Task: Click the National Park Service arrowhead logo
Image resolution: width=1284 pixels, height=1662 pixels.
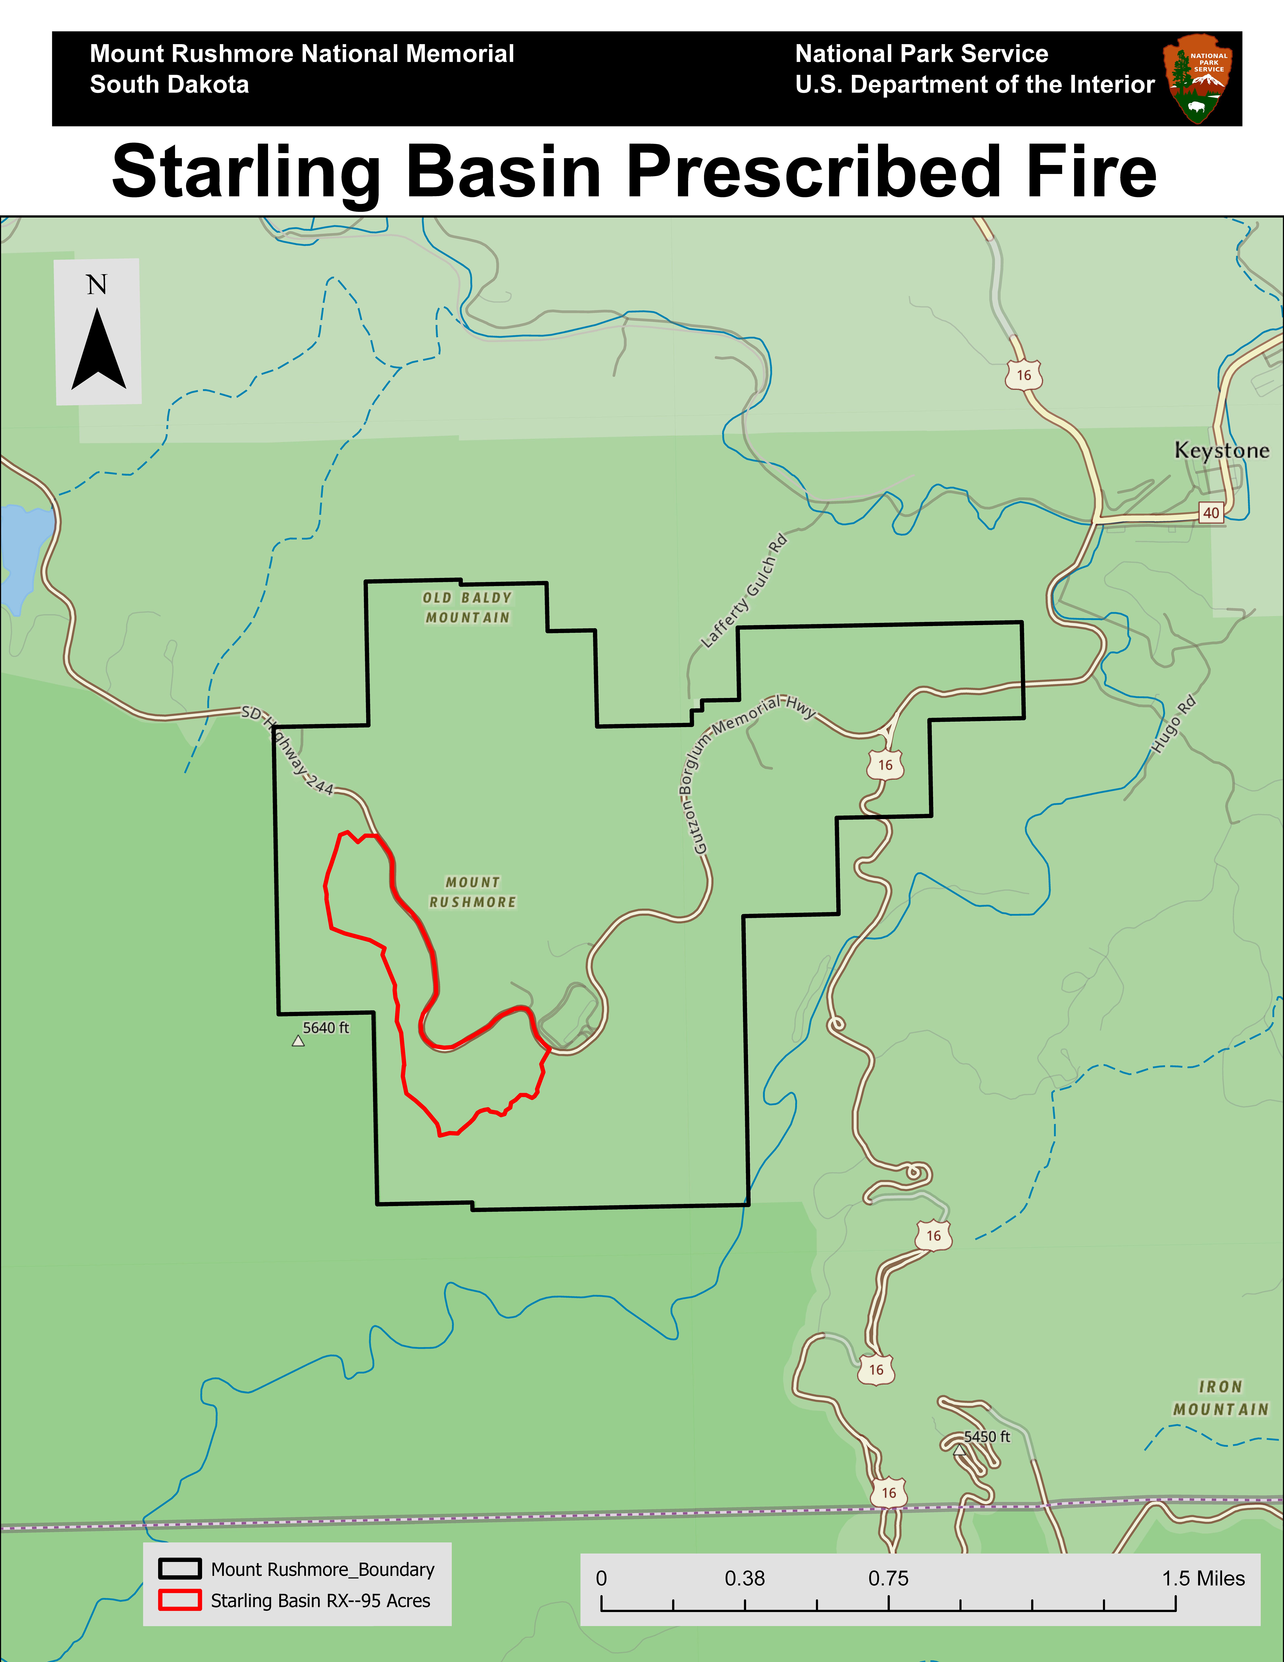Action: coord(1197,78)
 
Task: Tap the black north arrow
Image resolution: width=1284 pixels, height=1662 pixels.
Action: coord(98,350)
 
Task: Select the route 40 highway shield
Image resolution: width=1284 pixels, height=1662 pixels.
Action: coord(1211,513)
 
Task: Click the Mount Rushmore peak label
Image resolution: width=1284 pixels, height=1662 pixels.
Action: coord(472,892)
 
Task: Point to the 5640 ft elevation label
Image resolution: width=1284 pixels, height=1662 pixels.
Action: coord(325,1028)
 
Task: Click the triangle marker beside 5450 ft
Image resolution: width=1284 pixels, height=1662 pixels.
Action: coord(959,1450)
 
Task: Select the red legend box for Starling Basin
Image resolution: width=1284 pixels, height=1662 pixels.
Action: coord(179,1600)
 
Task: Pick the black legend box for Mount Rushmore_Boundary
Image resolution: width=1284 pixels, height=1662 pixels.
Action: coord(179,1569)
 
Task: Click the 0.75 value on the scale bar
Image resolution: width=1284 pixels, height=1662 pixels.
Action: coord(888,1578)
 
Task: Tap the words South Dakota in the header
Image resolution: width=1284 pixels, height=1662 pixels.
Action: coord(170,84)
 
